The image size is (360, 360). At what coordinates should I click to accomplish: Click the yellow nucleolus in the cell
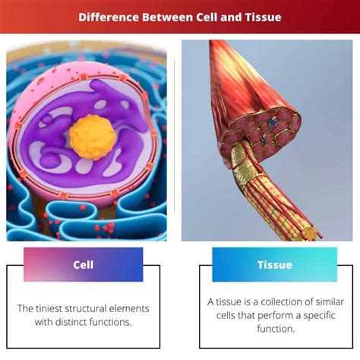(92, 133)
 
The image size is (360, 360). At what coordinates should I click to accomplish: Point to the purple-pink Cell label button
(83, 265)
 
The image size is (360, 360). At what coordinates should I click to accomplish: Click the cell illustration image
(87, 141)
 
